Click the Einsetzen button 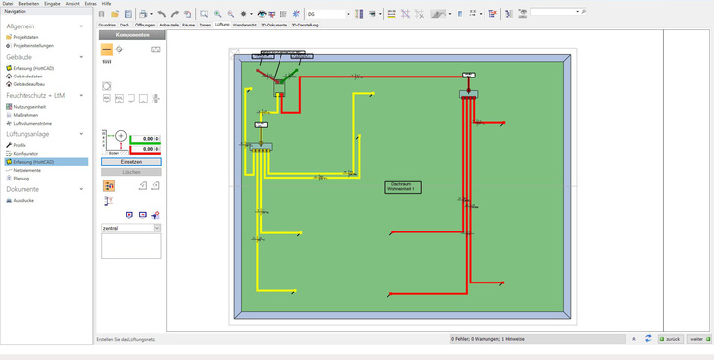click(130, 162)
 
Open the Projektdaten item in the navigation click(25, 37)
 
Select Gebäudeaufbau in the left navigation click(28, 84)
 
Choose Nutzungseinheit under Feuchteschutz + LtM click(29, 107)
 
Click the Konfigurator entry click(25, 154)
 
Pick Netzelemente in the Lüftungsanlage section click(27, 170)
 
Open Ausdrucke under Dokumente click(24, 200)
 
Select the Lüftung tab click(222, 25)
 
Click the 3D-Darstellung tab click(304, 25)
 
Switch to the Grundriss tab click(107, 25)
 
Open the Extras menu click(90, 4)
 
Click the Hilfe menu click(106, 4)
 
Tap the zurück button click(671, 339)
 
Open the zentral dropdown click(130, 228)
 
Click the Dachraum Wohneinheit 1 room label click(402, 186)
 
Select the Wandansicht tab click(244, 25)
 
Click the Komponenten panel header click(132, 35)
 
